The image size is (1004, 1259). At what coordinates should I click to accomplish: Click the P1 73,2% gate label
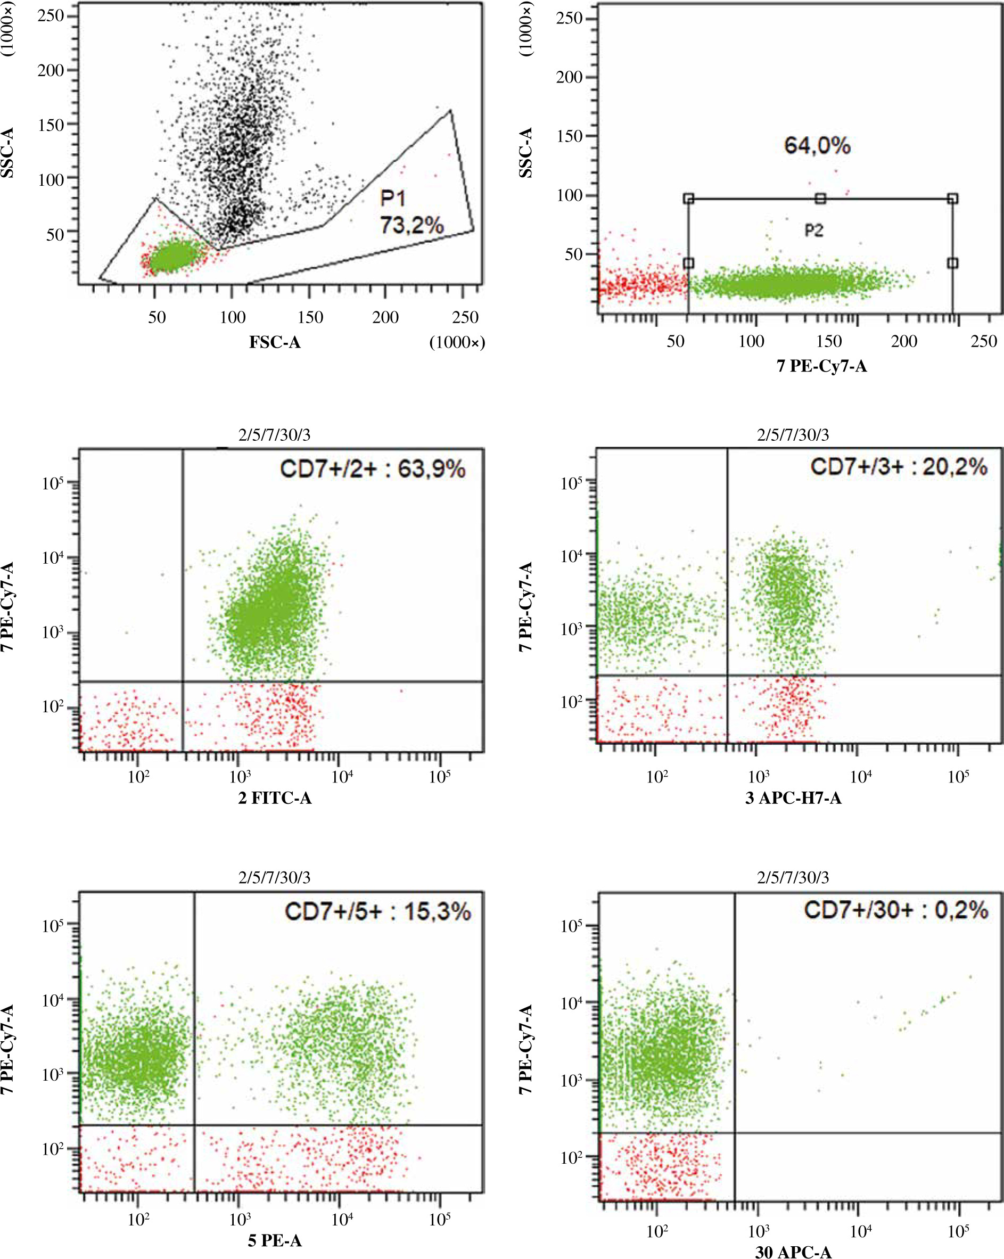click(x=411, y=211)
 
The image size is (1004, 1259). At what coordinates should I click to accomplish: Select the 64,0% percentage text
click(x=817, y=145)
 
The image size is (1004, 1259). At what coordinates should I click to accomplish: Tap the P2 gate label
click(x=813, y=231)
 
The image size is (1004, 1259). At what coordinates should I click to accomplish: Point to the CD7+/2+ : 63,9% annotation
click(x=373, y=469)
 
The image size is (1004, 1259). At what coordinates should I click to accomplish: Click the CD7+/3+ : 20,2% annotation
click(x=898, y=466)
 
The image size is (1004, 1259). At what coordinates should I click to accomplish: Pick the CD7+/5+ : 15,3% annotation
click(x=377, y=911)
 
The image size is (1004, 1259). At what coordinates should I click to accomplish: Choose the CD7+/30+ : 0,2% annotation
click(x=895, y=910)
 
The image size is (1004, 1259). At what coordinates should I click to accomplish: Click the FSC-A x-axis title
click(x=275, y=342)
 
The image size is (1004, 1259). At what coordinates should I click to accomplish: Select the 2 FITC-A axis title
click(x=275, y=797)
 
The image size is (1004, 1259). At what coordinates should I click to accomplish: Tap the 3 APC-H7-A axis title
click(x=793, y=797)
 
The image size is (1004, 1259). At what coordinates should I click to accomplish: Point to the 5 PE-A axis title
click(x=275, y=1240)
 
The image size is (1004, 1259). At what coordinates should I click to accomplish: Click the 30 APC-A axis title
click(x=793, y=1252)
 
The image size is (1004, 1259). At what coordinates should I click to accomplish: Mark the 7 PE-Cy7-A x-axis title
click(x=821, y=366)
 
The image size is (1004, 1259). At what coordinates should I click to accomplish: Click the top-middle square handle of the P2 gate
click(x=820, y=199)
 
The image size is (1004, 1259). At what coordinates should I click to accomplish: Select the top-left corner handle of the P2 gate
click(x=689, y=199)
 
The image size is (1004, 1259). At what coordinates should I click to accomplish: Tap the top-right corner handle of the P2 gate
click(x=952, y=199)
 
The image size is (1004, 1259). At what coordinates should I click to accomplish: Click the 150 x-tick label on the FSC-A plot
click(x=309, y=317)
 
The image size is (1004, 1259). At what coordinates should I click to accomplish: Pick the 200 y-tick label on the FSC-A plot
click(x=50, y=71)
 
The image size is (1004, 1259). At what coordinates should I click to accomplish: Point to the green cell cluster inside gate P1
click(x=174, y=257)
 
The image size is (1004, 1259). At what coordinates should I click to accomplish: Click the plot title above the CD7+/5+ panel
click(x=275, y=877)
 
